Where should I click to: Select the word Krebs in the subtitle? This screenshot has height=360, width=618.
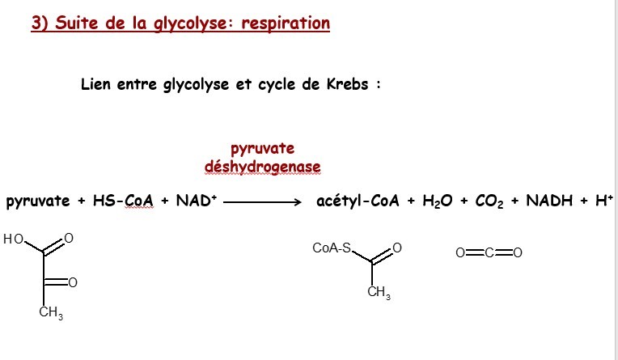tap(342, 84)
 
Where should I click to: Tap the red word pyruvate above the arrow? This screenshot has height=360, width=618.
tap(262, 148)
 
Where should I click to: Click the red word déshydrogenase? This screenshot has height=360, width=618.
tap(262, 167)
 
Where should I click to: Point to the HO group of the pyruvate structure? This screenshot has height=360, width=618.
tap(14, 239)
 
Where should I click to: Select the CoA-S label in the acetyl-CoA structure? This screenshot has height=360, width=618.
tap(331, 248)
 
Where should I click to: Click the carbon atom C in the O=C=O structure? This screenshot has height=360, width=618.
tap(489, 253)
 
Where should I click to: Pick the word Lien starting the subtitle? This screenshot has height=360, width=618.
tap(96, 84)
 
